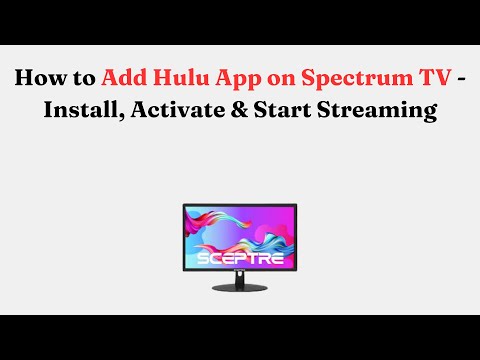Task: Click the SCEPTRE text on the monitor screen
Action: tap(239, 257)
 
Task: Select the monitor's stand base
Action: tap(239, 290)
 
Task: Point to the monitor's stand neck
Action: tap(239, 281)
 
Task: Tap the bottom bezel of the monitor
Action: tap(239, 273)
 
